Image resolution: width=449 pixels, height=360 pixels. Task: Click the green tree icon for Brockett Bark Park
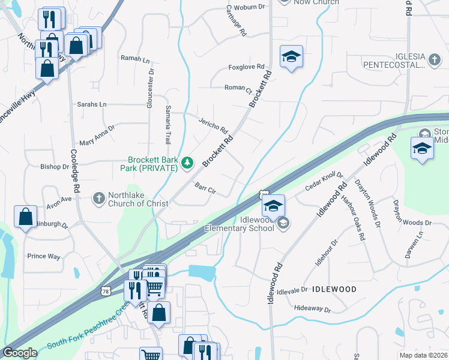coord(188,162)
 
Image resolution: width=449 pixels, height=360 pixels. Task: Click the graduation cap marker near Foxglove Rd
coord(291,58)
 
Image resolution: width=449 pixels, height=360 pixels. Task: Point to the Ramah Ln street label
coord(135,59)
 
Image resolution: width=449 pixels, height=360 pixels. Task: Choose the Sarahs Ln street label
coord(91,104)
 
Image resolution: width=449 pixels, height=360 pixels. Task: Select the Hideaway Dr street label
coord(313,308)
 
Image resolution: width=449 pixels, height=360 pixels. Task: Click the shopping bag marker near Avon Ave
coord(25,217)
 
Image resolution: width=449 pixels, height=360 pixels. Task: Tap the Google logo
coord(20,353)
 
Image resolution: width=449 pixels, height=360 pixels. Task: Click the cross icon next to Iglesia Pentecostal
coord(435,59)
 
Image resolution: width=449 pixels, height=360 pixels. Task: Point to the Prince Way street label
coord(44,256)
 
